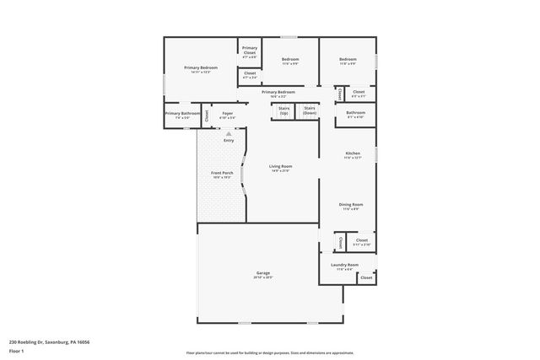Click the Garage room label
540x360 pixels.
262,274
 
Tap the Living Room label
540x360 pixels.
279,167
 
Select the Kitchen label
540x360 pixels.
352,153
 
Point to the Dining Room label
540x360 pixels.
352,205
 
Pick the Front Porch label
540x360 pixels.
222,174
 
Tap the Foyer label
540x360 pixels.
228,113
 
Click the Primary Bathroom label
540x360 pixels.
182,113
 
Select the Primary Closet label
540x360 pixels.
250,50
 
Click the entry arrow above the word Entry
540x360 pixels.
229,132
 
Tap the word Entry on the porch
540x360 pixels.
229,140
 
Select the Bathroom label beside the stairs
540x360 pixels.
355,112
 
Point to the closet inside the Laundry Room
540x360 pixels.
366,277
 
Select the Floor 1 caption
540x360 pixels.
17,348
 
